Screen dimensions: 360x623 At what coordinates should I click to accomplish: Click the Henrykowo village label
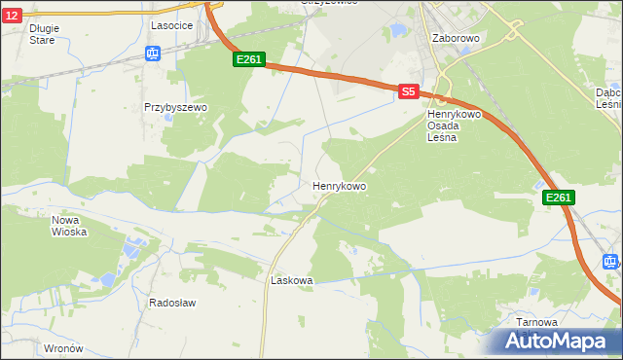tap(340, 185)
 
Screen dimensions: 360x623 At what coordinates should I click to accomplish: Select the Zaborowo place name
tap(456, 38)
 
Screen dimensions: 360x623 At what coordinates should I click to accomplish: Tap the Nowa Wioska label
tap(69, 226)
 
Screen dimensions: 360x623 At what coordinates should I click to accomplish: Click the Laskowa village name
tap(291, 280)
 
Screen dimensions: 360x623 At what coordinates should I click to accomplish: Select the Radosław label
tap(172, 303)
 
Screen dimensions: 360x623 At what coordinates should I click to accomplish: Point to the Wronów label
tap(64, 347)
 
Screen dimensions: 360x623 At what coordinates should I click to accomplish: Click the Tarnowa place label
tap(537, 322)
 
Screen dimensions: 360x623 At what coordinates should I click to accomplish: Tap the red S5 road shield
tap(409, 90)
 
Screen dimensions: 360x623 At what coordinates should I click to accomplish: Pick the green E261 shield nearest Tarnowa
tap(558, 198)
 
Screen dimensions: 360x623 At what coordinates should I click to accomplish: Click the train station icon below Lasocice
tap(153, 54)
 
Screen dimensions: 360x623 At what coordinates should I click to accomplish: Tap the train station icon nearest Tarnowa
tap(610, 261)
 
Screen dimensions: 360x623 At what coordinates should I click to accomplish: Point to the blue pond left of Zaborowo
tap(397, 31)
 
